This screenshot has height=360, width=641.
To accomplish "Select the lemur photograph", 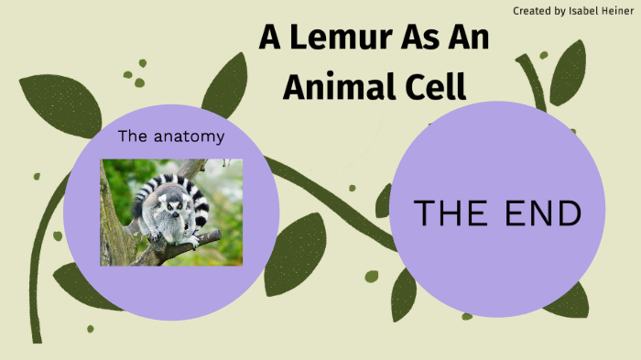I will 171,212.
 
